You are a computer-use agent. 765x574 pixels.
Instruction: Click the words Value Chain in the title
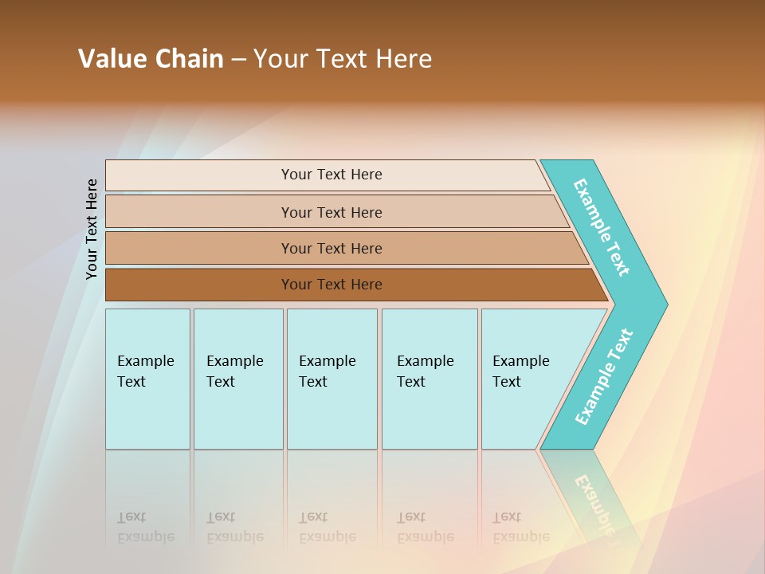coord(151,59)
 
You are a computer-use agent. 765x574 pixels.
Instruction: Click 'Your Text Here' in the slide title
coord(343,59)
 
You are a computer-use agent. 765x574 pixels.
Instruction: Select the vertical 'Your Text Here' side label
coord(92,230)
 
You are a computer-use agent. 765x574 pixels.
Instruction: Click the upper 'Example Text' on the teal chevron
coord(602,227)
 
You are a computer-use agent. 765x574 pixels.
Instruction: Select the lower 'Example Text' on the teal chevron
coord(604,376)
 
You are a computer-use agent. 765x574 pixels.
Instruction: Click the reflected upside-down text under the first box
coord(146,528)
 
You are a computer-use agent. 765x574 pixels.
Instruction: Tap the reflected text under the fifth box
coord(521,528)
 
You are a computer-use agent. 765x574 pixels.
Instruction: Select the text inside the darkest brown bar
coord(331,285)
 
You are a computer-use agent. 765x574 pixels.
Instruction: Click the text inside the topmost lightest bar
coord(331,175)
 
